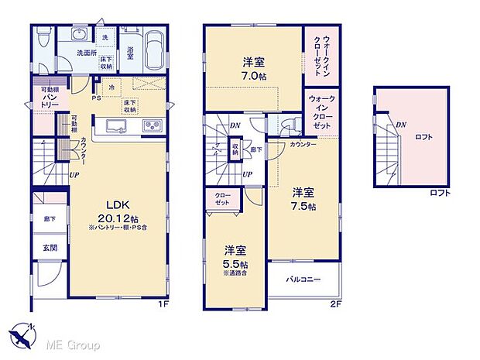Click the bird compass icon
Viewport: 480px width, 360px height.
point(22,334)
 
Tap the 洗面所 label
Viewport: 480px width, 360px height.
point(86,53)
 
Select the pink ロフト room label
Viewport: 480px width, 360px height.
point(423,138)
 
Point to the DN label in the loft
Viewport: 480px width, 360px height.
point(400,124)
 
